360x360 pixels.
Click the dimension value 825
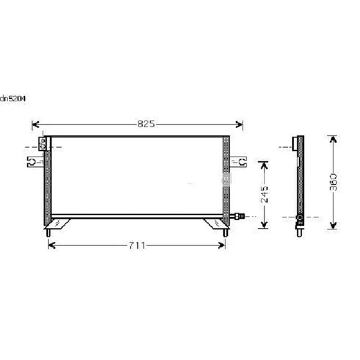pos(146,124)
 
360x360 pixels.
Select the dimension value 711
pos(137,245)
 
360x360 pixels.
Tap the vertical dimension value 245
pos(265,195)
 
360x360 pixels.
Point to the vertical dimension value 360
pos(333,182)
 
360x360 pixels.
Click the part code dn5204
pos(13,99)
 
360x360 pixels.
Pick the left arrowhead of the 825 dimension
pos(36,125)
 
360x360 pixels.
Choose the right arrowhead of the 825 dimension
pos(239,125)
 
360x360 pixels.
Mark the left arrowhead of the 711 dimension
pos(52,245)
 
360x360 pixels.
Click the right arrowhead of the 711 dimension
pos(221,245)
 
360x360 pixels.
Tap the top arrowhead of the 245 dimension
pos(264,165)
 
